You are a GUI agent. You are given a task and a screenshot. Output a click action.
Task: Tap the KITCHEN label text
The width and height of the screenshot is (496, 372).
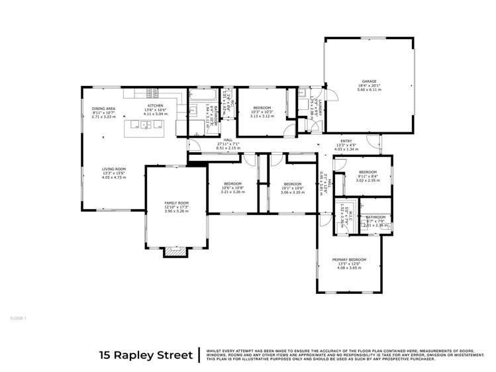(x=155, y=106)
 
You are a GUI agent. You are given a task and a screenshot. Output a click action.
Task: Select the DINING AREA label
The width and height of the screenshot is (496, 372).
(x=103, y=108)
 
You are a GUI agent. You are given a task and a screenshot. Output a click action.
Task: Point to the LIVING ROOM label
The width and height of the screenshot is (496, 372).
(x=114, y=169)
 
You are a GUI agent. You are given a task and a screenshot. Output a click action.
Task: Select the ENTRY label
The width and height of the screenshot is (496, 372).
(x=346, y=141)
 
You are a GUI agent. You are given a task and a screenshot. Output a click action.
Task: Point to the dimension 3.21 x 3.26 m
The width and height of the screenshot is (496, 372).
(x=232, y=191)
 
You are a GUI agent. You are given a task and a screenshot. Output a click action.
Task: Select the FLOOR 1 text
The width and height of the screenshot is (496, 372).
(x=19, y=318)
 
